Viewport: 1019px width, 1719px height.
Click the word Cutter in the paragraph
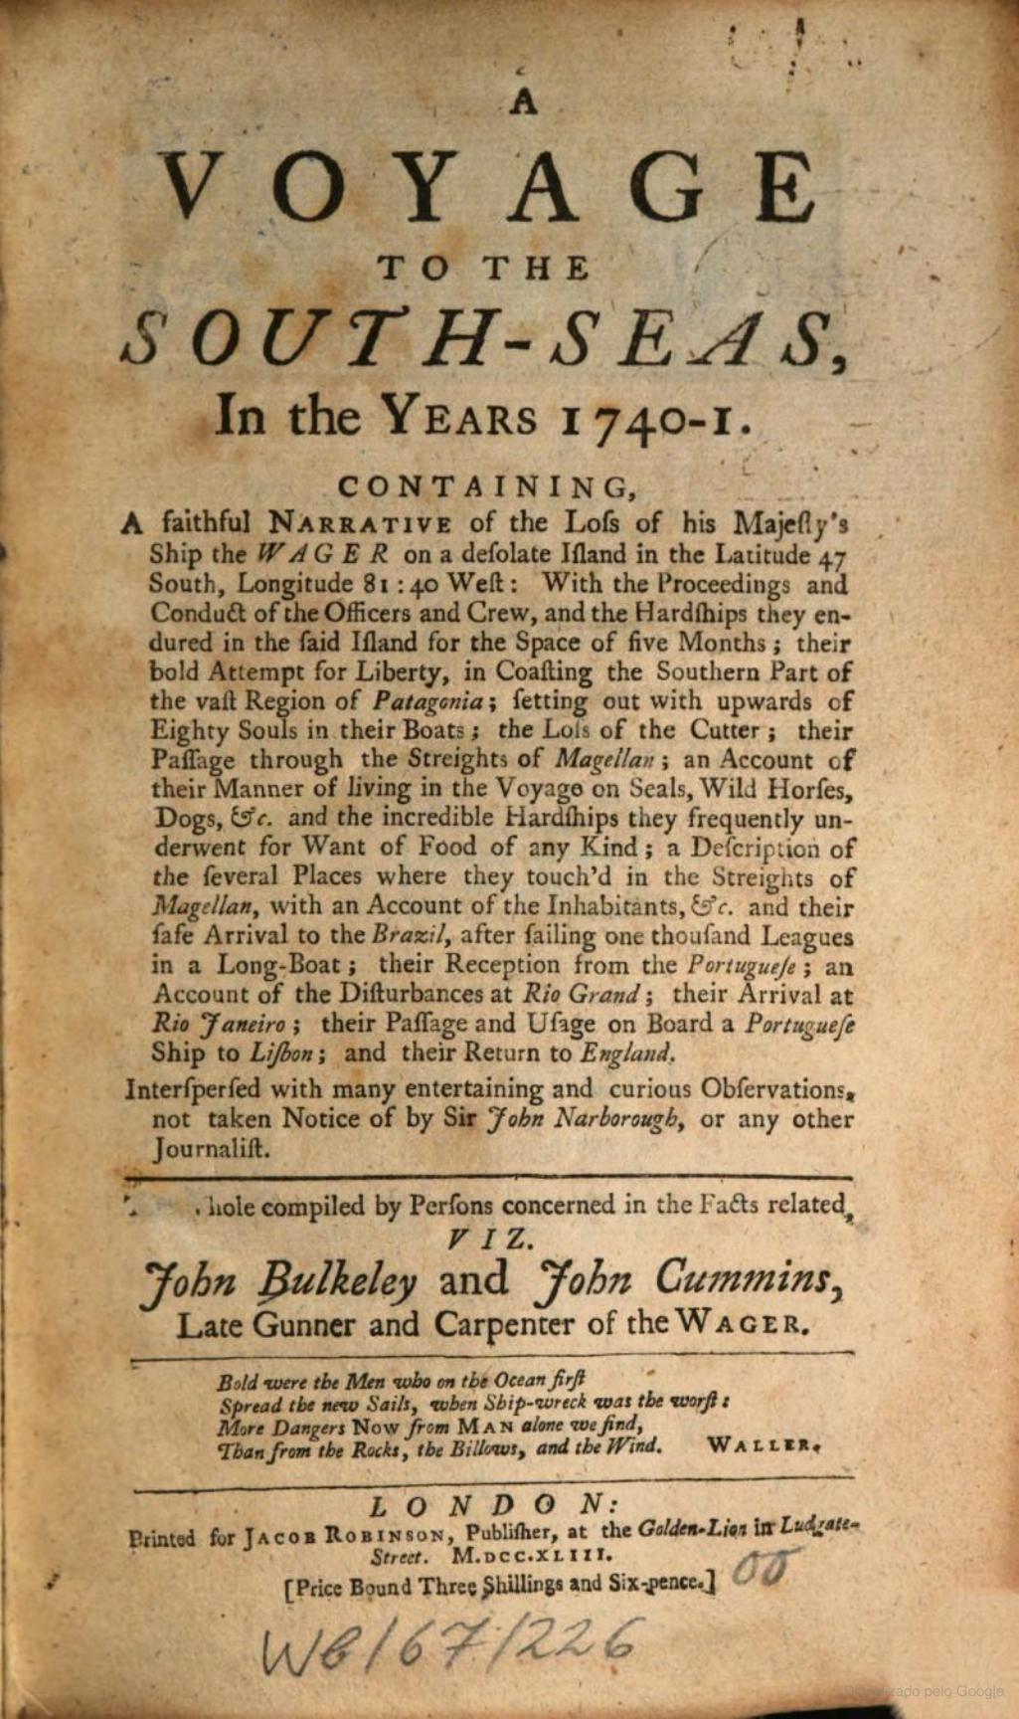pos(732,731)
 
